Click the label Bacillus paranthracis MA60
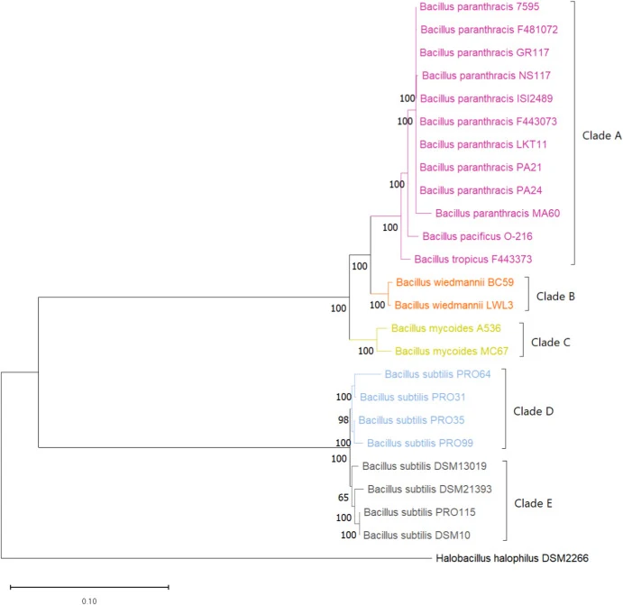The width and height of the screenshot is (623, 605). pyautogui.click(x=498, y=214)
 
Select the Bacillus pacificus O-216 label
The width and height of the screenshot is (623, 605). pyautogui.click(x=477, y=236)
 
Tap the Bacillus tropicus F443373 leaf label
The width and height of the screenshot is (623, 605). pyautogui.click(x=472, y=260)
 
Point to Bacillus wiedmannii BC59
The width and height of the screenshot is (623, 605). pyautogui.click(x=455, y=282)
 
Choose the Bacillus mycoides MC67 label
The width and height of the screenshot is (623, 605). pyautogui.click(x=452, y=351)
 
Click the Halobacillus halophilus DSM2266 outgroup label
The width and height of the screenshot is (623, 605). pyautogui.click(x=512, y=558)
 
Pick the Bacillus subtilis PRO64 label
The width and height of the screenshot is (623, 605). pyautogui.click(x=437, y=374)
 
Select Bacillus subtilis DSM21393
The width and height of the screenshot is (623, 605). pyautogui.click(x=429, y=489)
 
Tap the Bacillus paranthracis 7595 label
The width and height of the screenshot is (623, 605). pyautogui.click(x=479, y=6)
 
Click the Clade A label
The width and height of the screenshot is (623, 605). pyautogui.click(x=601, y=135)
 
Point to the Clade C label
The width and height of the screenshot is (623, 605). pyautogui.click(x=551, y=342)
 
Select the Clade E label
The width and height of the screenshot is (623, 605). pyautogui.click(x=533, y=503)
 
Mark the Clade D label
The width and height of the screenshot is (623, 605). pyautogui.click(x=533, y=411)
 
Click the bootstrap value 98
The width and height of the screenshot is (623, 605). pyautogui.click(x=344, y=420)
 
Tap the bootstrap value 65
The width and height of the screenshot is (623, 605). pyautogui.click(x=344, y=498)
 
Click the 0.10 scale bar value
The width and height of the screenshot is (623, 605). pyautogui.click(x=89, y=601)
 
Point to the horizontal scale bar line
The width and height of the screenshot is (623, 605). pyautogui.click(x=89, y=587)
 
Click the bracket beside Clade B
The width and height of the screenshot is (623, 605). pyautogui.click(x=528, y=294)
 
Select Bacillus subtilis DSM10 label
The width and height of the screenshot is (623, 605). pyautogui.click(x=417, y=535)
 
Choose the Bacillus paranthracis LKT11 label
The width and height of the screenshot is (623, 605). pyautogui.click(x=483, y=144)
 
